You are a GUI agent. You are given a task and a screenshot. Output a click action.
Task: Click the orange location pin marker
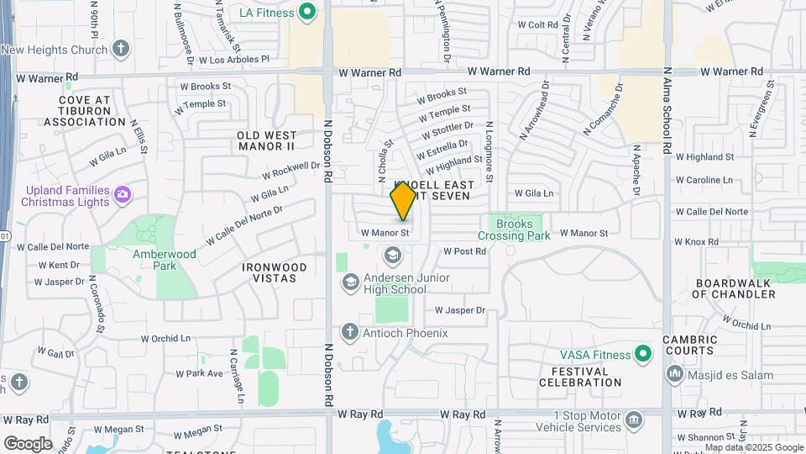pyautogui.click(x=404, y=200)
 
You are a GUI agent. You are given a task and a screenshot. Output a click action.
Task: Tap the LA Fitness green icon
pyautogui.click(x=307, y=12)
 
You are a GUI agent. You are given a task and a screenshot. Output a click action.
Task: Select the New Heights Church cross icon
pyautogui.click(x=121, y=49)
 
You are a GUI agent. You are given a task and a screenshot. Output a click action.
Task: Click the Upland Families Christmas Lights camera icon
pyautogui.click(x=123, y=195)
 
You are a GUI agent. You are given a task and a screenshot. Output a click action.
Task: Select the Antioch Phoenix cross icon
pyautogui.click(x=349, y=332)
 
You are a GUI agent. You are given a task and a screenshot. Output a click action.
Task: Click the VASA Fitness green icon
pyautogui.click(x=643, y=354)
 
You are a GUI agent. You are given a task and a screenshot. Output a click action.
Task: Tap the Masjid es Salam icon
pyautogui.click(x=673, y=373)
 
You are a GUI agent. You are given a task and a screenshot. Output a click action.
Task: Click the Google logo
pyautogui.click(x=28, y=443)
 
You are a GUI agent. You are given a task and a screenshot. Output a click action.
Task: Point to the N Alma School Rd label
pyautogui.click(x=667, y=110)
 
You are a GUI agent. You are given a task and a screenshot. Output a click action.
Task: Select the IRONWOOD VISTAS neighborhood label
pyautogui.click(x=275, y=272)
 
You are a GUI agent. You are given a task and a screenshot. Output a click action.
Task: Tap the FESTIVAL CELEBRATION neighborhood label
pyautogui.click(x=587, y=377)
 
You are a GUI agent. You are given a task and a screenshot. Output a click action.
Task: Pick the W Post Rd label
pyautogui.click(x=464, y=251)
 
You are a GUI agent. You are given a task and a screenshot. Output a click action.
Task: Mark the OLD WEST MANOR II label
pyautogui.click(x=267, y=140)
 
